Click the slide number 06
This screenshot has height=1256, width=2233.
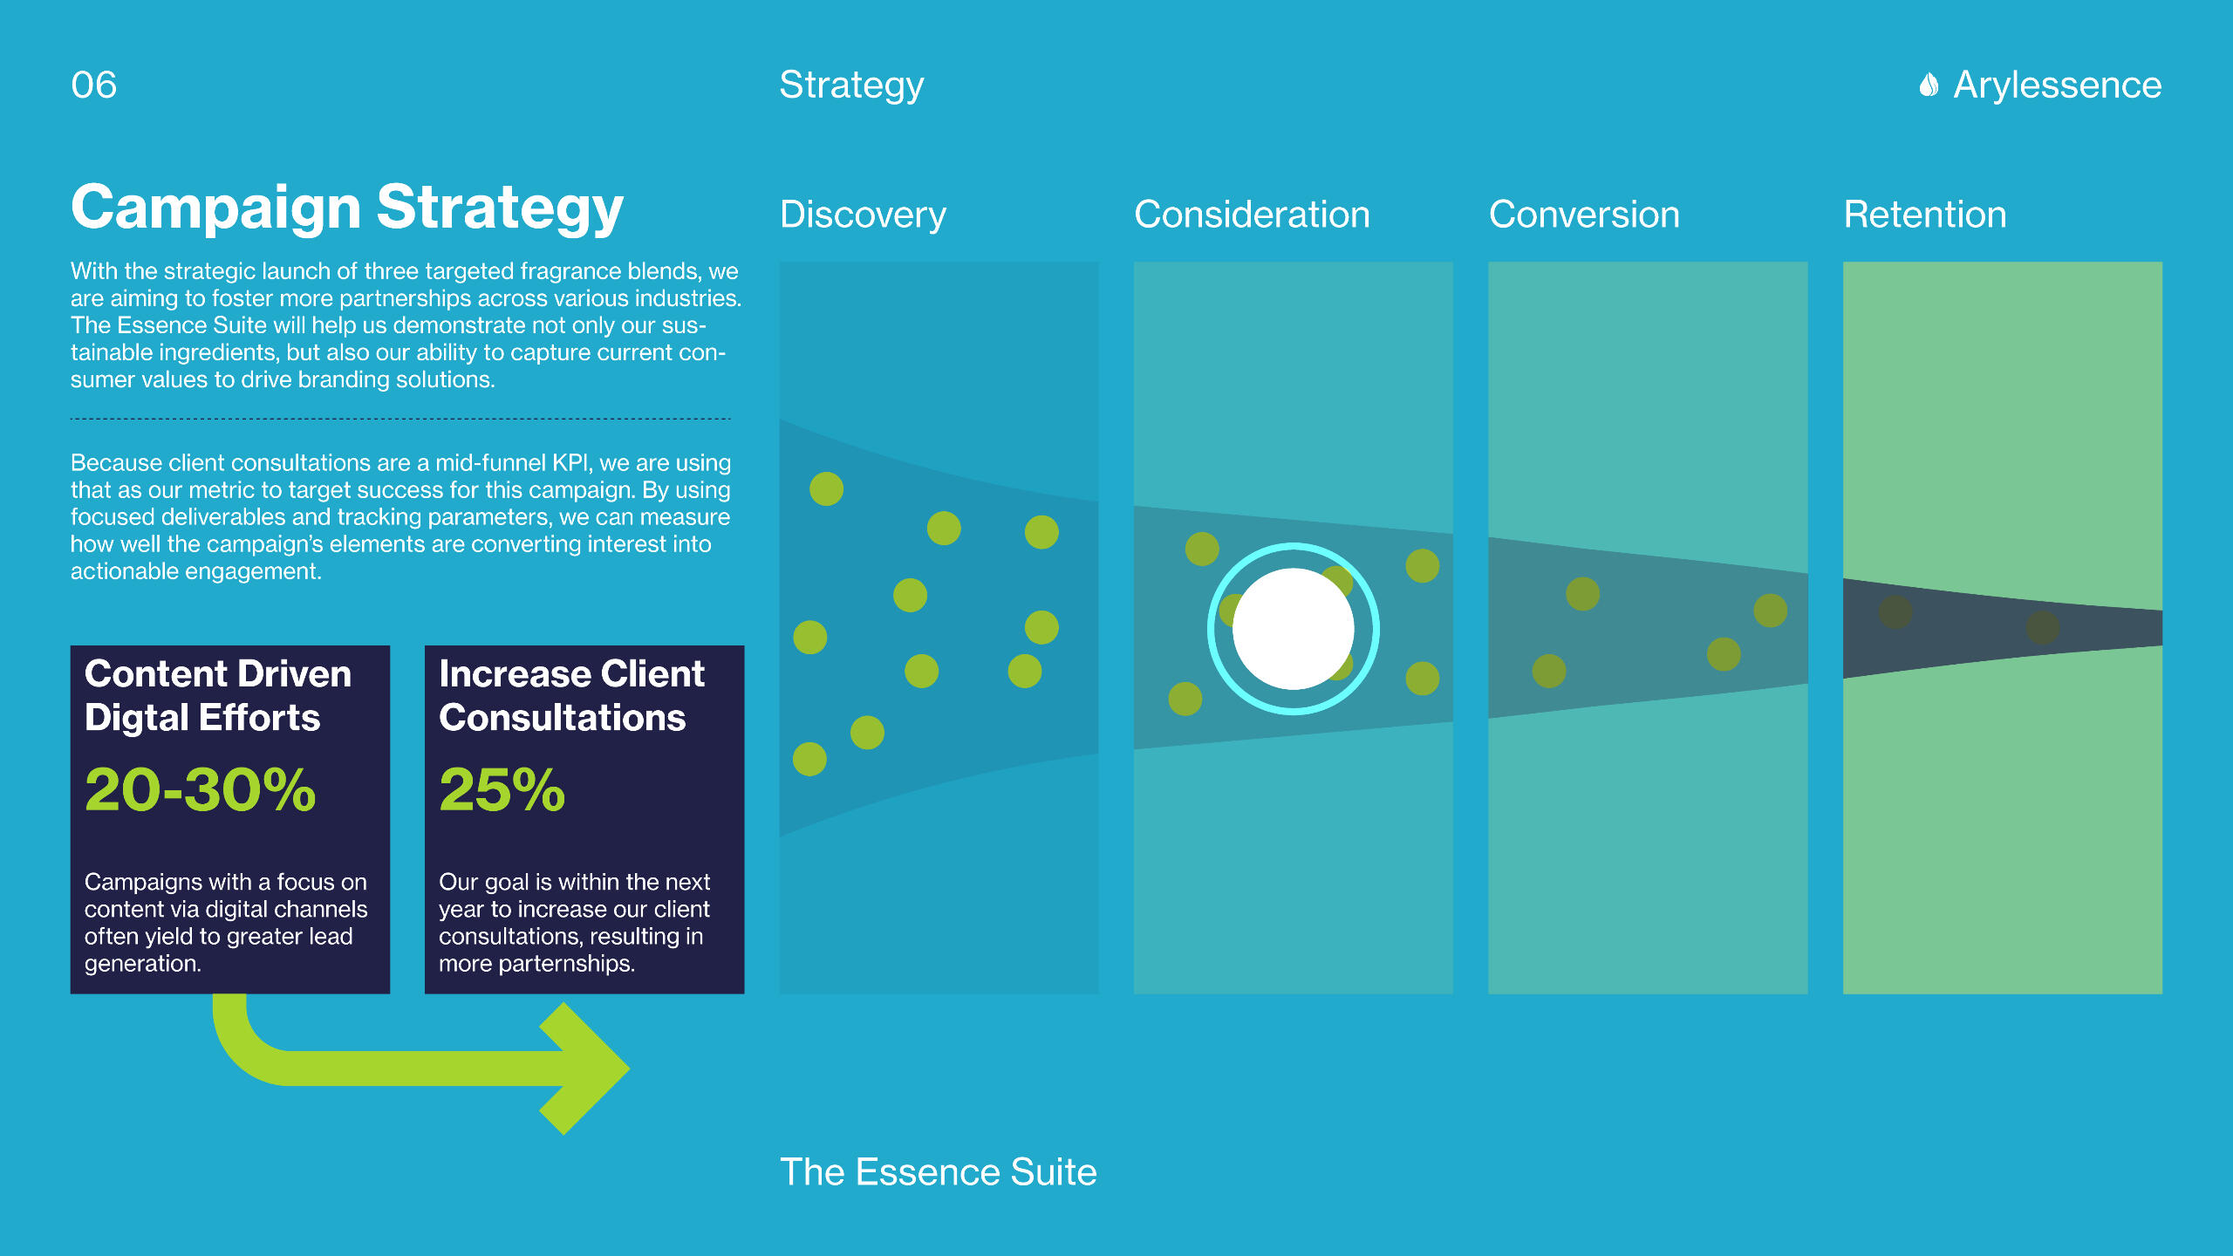(93, 85)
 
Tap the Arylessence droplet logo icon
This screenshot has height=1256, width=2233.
(1929, 85)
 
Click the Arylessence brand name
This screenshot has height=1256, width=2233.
(2058, 85)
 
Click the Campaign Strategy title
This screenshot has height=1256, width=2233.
(347, 208)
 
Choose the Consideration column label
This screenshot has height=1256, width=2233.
(1252, 215)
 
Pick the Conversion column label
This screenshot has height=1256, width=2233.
(1584, 215)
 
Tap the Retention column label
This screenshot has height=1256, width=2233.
(1925, 215)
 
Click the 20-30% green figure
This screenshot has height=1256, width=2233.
(200, 789)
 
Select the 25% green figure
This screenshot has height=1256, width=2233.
(502, 789)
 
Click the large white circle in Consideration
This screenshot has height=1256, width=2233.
(1294, 629)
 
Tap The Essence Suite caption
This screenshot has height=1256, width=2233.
(938, 1172)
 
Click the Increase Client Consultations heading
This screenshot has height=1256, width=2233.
(571, 696)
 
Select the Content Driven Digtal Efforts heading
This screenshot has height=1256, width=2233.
(218, 696)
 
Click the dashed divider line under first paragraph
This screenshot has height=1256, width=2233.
(400, 419)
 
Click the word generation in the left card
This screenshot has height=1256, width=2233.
(142, 964)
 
